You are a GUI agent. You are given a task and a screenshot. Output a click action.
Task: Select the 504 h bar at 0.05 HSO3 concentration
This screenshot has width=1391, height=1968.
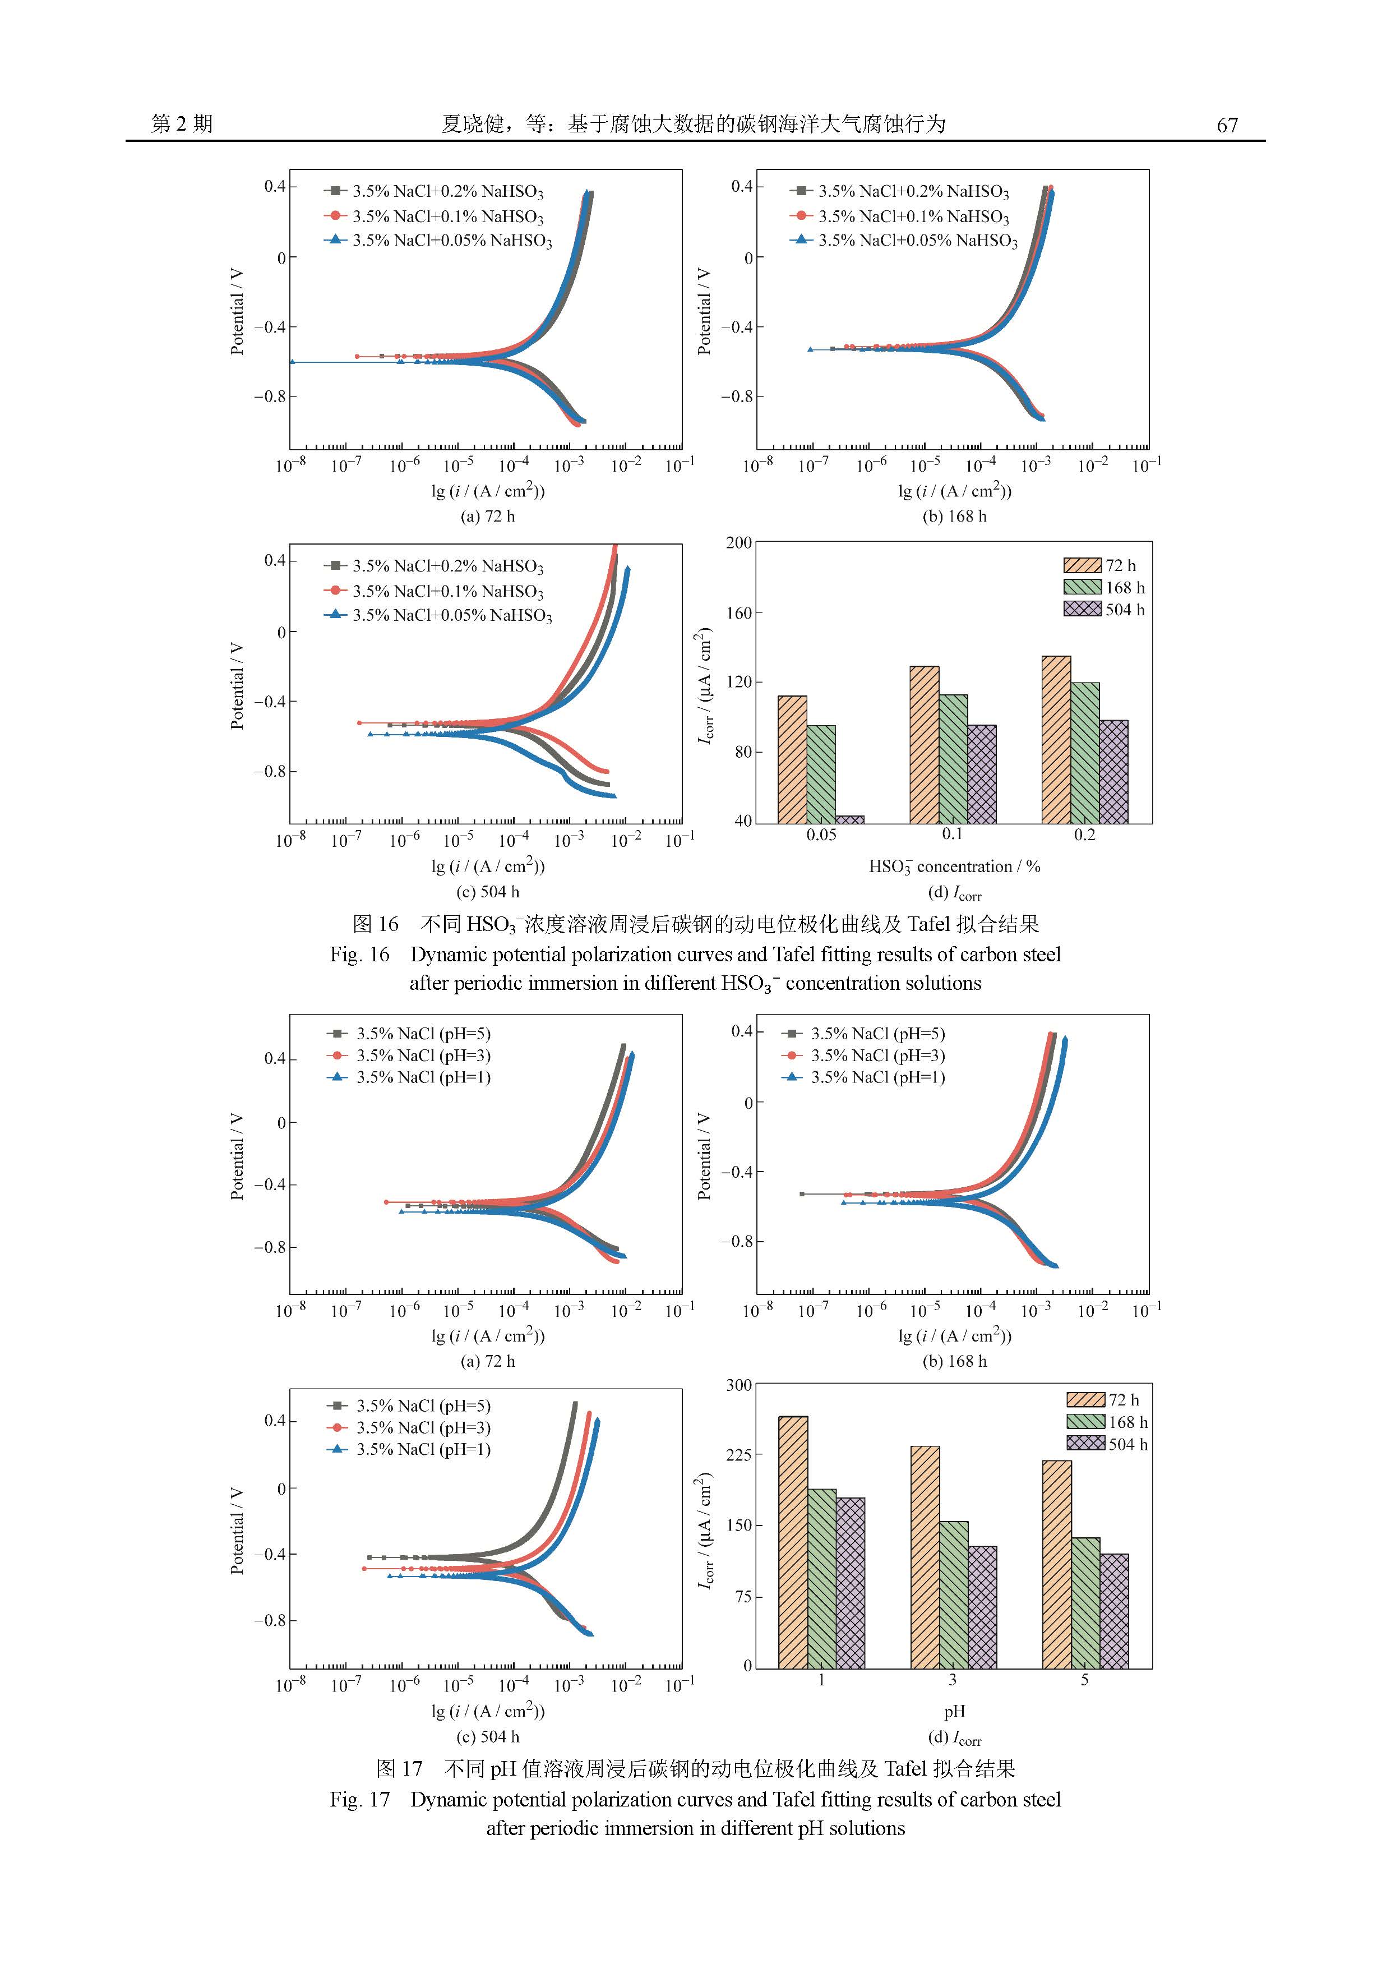pos(849,819)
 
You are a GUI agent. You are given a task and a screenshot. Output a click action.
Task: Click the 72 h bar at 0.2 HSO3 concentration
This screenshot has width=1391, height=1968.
pos(1056,739)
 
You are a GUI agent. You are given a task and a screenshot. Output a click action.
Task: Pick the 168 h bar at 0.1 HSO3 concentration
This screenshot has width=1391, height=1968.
pos(953,759)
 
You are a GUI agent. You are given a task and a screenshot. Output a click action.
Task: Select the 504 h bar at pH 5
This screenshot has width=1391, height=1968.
pos(1114,1611)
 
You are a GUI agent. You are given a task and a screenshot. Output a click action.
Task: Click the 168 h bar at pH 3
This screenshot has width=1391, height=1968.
pos(953,1594)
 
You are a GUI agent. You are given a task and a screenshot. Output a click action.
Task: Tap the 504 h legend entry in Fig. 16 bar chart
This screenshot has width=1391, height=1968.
pos(1104,610)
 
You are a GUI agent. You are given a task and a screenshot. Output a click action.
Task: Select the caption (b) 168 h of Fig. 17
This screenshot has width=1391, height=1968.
pos(954,1361)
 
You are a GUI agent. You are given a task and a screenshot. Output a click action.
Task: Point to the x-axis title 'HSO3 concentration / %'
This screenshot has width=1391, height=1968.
pos(954,867)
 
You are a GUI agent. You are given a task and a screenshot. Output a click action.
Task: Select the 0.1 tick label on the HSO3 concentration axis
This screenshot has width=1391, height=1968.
pos(952,835)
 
